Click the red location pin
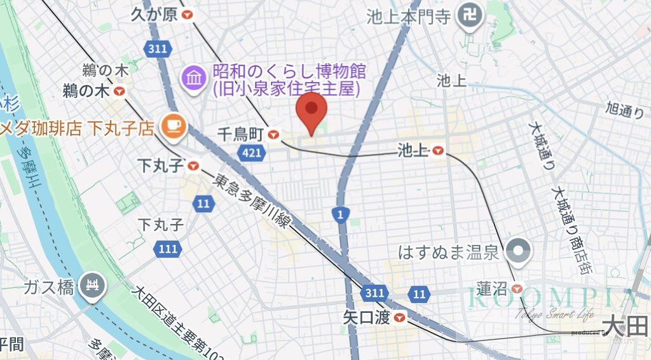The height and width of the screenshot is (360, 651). (x=311, y=112)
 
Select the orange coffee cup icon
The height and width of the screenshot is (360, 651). (x=173, y=127)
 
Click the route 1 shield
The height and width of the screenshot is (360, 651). (x=341, y=216)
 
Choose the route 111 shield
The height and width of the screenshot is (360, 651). (x=167, y=249)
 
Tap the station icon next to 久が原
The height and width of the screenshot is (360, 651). (x=188, y=15)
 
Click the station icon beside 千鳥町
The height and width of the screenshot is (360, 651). (x=274, y=134)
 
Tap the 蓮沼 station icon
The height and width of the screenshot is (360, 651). (x=518, y=289)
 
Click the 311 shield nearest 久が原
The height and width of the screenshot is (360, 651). (x=156, y=50)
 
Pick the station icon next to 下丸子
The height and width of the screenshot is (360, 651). (x=193, y=167)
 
